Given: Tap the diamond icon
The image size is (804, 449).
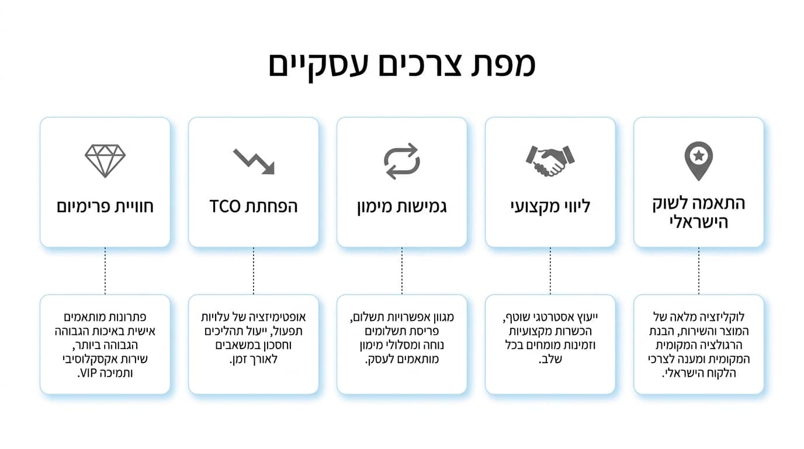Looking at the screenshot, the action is tap(105, 161).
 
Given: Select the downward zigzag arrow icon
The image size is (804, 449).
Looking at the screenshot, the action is tap(254, 161).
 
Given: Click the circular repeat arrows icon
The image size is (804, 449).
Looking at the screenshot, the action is tap(401, 161).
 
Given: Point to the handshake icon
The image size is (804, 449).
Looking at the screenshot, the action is tap(550, 161).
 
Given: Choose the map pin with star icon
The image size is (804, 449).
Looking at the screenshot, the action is tap(698, 161).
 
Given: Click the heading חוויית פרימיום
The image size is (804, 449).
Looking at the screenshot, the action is tap(105, 207).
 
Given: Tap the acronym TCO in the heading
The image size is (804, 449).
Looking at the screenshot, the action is tap(225, 206).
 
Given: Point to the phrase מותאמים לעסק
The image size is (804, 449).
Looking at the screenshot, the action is tap(401, 359).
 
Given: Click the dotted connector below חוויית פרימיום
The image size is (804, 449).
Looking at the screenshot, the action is tap(105, 271).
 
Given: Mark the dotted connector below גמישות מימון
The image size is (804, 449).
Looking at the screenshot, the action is tap(401, 271).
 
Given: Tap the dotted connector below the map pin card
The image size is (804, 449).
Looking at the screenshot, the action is tap(698, 271).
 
